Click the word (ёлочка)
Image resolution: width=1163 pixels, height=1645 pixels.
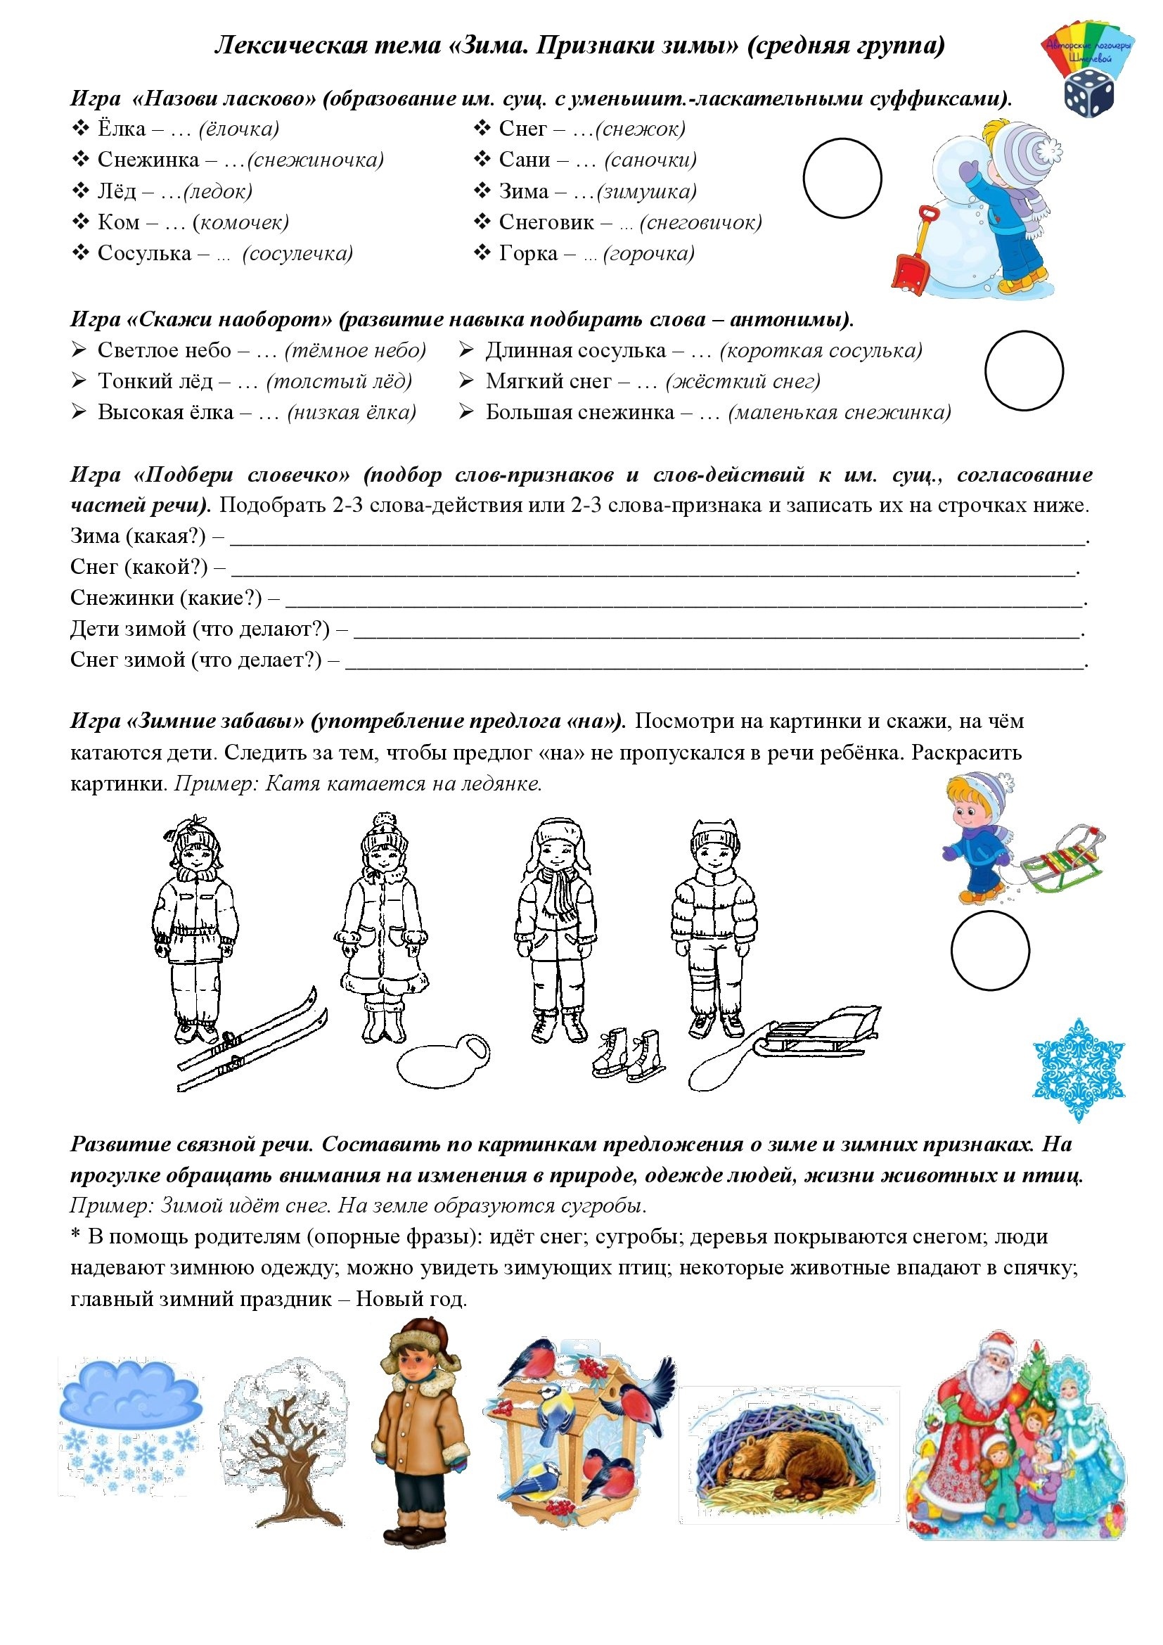click(238, 129)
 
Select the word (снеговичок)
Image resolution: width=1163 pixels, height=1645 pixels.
click(700, 222)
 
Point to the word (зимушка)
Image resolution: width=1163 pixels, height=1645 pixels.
click(646, 191)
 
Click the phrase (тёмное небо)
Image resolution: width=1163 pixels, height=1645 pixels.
click(355, 350)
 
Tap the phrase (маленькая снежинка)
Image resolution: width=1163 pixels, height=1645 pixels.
click(840, 413)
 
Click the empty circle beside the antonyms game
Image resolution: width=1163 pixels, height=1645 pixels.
click(1024, 371)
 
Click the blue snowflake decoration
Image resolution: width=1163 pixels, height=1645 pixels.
click(1079, 1069)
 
